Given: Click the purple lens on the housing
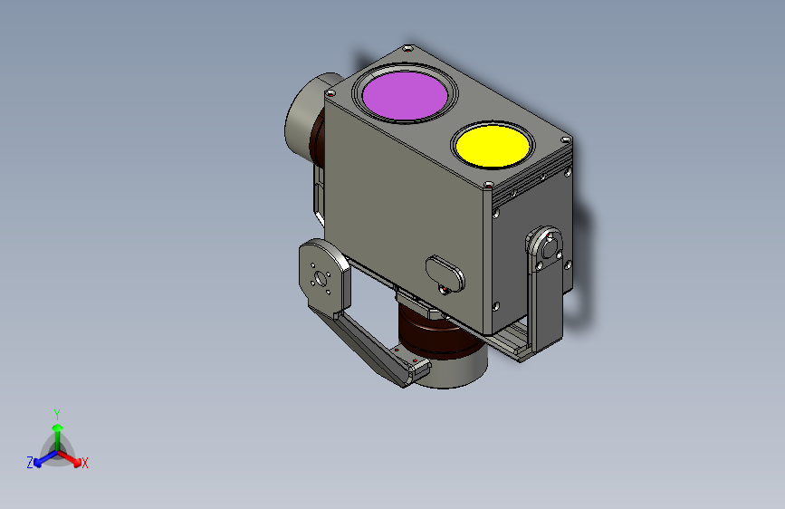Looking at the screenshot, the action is pyautogui.click(x=405, y=95).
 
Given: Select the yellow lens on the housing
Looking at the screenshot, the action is pyautogui.click(x=493, y=146).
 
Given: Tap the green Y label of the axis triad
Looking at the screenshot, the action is pyautogui.click(x=57, y=415).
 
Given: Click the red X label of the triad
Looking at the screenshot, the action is pyautogui.click(x=84, y=464).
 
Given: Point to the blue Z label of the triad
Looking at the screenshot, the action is pyautogui.click(x=30, y=463).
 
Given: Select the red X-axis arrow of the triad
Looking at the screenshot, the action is pyautogui.click(x=69, y=458).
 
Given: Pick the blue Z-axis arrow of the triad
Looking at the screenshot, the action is pyautogui.click(x=46, y=458).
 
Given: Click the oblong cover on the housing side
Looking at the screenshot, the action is pyautogui.click(x=445, y=273).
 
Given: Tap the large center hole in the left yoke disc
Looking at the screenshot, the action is pyautogui.click(x=319, y=277).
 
